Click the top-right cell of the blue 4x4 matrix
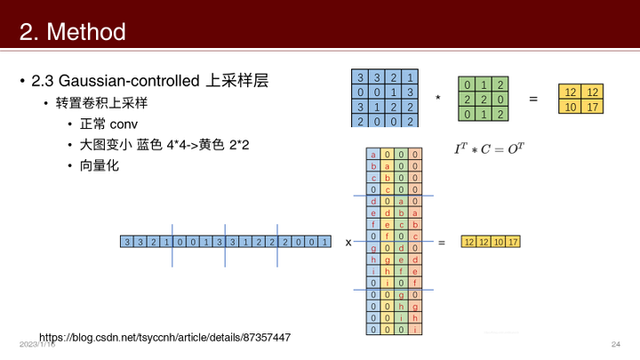pyautogui.click(x=411, y=77)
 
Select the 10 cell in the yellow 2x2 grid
pyautogui.click(x=571, y=107)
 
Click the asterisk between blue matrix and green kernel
pyautogui.click(x=437, y=99)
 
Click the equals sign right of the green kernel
pyautogui.click(x=533, y=99)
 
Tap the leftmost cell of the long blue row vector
pyautogui.click(x=128, y=242)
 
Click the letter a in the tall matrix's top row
pyautogui.click(x=373, y=154)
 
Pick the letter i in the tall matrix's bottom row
pyautogui.click(x=416, y=329)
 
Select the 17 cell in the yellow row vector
pyautogui.click(x=513, y=242)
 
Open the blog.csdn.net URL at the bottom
pyautogui.click(x=165, y=338)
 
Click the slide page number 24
pyautogui.click(x=615, y=344)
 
